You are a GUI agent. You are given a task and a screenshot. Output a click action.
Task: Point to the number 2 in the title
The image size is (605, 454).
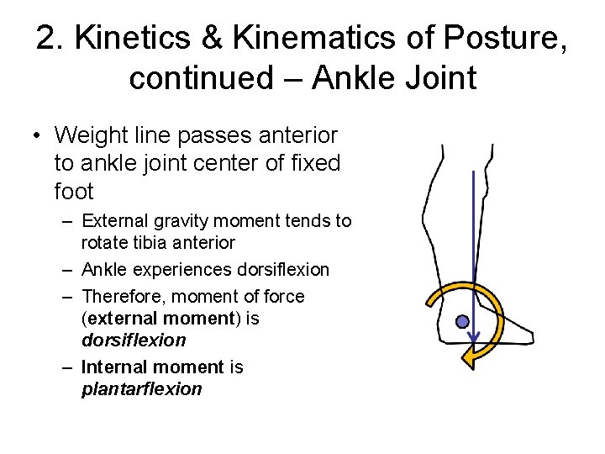tap(48, 40)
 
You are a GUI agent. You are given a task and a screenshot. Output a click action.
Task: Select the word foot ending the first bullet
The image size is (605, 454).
tap(74, 192)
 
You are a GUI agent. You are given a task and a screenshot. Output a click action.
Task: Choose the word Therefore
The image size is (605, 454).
tap(122, 297)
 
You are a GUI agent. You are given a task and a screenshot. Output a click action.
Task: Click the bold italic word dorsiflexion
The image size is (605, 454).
tap(134, 340)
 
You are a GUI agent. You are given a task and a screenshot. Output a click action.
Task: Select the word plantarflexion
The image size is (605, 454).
tap(142, 389)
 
